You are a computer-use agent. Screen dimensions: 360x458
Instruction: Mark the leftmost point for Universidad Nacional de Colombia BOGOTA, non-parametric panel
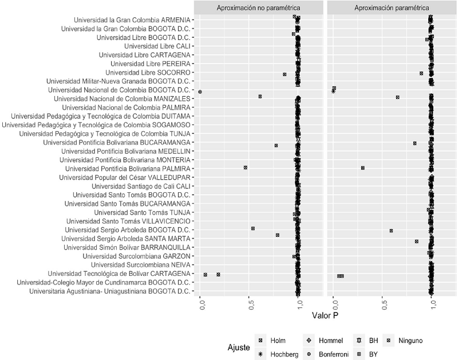200,92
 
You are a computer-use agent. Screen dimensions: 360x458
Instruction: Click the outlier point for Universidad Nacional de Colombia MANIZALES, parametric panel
397,97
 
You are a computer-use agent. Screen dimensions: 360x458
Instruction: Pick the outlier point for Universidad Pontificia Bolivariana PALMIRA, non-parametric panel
246,168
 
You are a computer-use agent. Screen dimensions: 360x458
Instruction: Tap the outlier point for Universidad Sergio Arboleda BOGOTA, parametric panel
391,231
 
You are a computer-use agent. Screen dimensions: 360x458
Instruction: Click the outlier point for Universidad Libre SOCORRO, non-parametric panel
285,74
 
